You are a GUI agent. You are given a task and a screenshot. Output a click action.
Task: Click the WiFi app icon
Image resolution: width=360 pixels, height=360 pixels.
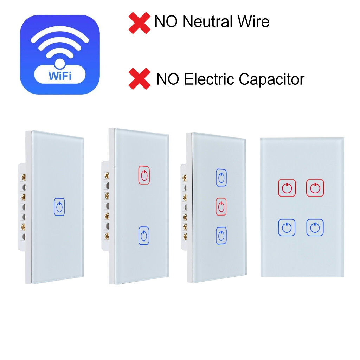point(60,54)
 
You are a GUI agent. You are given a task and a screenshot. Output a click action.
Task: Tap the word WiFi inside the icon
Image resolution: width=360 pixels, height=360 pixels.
point(60,76)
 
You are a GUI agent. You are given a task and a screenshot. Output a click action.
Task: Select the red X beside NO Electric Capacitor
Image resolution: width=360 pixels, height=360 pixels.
point(139,79)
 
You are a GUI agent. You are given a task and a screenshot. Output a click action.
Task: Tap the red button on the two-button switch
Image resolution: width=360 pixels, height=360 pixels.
point(144,175)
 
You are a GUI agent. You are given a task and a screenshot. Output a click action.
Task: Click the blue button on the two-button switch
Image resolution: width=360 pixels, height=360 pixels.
point(144,236)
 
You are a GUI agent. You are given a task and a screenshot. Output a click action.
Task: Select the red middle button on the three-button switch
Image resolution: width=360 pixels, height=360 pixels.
point(221,206)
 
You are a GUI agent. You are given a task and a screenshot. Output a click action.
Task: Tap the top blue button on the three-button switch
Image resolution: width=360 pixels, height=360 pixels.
point(221,178)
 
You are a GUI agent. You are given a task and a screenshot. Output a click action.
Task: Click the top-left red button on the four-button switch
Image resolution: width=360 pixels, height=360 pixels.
point(287,188)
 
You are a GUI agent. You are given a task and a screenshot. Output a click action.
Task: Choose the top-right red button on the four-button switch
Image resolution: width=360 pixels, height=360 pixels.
point(315,188)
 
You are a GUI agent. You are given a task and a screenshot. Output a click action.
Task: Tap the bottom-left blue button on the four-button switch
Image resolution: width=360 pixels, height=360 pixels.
point(287,227)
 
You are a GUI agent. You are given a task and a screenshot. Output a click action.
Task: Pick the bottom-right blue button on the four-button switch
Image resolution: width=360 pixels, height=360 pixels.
point(315,227)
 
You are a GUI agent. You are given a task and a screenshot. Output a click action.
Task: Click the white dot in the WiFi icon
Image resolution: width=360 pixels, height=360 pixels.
point(60,63)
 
